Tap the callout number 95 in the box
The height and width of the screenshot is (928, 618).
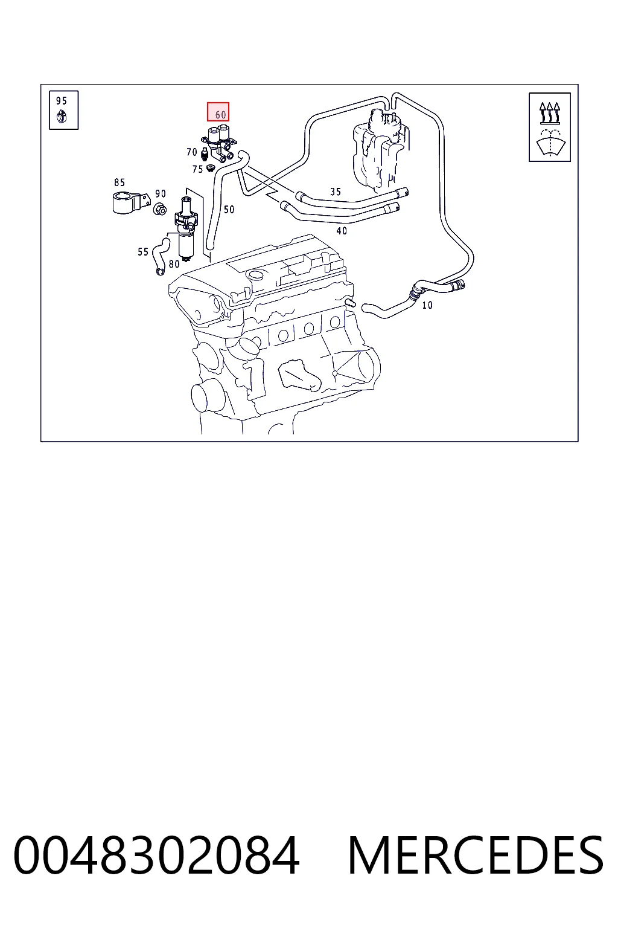[62, 101]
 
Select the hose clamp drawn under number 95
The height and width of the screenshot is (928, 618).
[62, 117]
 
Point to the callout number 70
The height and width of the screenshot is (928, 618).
[192, 152]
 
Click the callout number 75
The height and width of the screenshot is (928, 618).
[197, 169]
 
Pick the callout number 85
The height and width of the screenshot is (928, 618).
[119, 182]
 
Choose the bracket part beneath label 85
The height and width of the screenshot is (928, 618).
[130, 202]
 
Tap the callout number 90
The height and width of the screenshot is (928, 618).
[161, 193]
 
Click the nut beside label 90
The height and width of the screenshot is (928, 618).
[160, 209]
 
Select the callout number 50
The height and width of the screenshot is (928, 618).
[229, 210]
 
